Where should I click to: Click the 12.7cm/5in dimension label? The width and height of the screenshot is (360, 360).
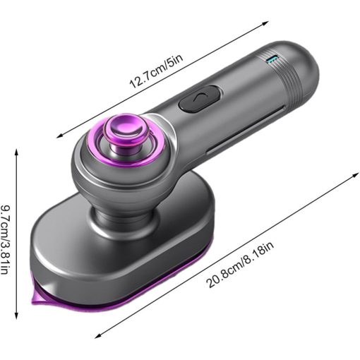(x=156, y=71)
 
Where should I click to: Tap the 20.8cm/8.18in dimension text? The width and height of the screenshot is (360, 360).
(x=241, y=264)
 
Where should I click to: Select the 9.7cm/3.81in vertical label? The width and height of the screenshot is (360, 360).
(x=5, y=239)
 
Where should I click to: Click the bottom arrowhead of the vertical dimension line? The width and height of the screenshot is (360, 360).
(x=16, y=316)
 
